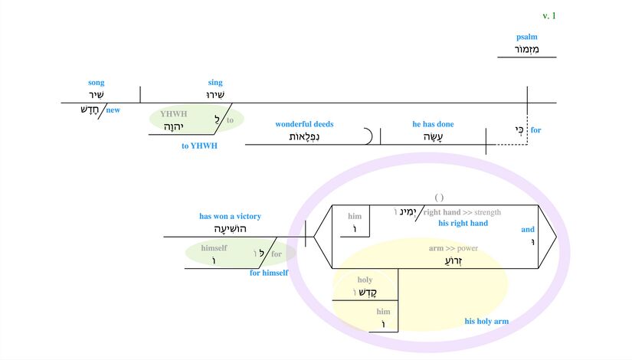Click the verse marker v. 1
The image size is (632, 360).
tap(548, 16)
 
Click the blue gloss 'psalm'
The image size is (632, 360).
tap(526, 37)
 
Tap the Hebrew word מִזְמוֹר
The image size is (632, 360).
tap(527, 50)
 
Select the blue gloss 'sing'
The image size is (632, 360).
tap(215, 83)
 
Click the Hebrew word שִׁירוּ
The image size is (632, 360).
tap(215, 96)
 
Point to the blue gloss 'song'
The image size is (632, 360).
tap(96, 83)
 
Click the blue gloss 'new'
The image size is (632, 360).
tap(113, 110)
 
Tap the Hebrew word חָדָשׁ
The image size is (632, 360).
tap(91, 110)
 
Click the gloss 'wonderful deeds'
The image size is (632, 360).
tap(304, 124)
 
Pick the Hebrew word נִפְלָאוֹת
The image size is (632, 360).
tap(304, 137)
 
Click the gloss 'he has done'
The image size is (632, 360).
tap(433, 124)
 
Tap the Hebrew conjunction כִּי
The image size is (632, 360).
tap(519, 129)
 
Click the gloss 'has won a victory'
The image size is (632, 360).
tap(230, 216)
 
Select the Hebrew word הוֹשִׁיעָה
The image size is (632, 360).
tap(230, 229)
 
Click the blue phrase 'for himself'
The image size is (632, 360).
tap(269, 273)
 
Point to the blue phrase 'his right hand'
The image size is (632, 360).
tap(463, 224)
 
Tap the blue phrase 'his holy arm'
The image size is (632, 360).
tap(486, 322)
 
